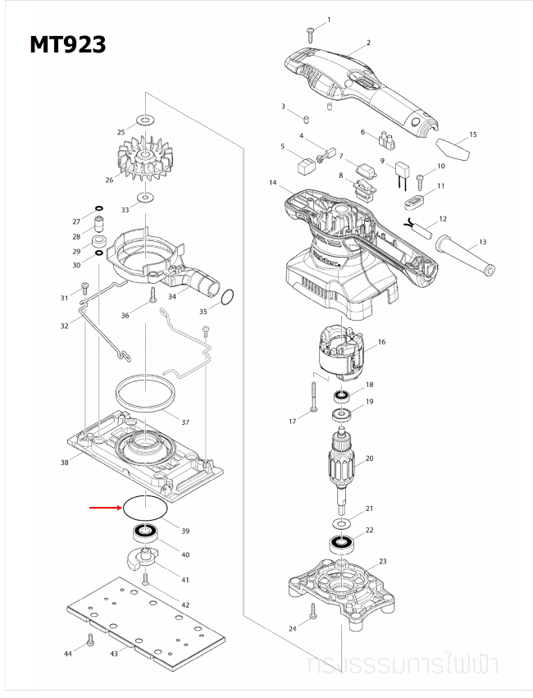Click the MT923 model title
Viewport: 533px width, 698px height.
68,44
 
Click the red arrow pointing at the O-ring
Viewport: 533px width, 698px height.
104,509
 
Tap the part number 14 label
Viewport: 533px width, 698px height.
272,183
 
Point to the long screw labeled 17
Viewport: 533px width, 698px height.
314,399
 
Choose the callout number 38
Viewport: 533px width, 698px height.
64,463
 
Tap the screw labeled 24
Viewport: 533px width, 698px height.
312,610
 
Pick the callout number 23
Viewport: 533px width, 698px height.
381,561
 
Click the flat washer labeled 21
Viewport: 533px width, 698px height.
339,522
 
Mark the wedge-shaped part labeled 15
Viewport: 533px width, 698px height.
452,150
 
